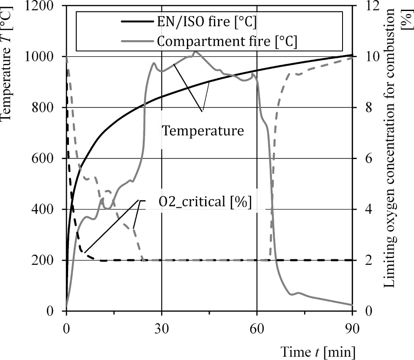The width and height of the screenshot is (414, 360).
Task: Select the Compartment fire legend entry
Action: tap(226, 41)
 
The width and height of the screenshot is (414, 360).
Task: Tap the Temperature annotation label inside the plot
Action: tap(203, 130)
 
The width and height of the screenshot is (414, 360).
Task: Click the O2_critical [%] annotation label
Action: tap(205, 202)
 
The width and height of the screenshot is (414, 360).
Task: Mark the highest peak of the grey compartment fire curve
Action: tap(195, 52)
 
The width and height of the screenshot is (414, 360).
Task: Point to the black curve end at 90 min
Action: tap(351, 55)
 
